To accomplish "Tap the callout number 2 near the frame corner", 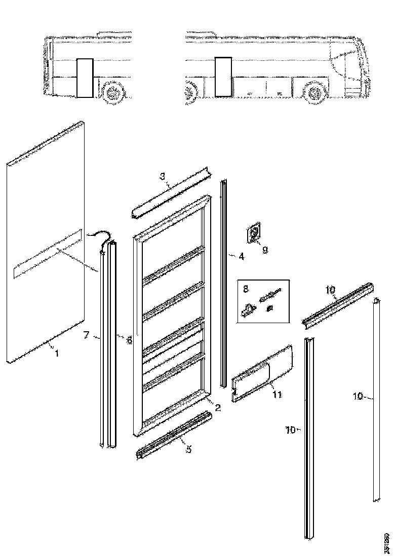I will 218,407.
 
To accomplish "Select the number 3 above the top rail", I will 162,177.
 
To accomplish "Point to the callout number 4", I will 241,257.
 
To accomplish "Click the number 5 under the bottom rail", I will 188,449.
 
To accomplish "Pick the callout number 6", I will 130,340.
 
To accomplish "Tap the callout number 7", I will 86,335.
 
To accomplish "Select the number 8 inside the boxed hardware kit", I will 246,289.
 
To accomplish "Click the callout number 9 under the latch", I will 265,249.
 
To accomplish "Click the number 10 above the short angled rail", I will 330,290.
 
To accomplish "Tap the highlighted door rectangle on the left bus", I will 85,77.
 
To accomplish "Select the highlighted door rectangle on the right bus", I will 222,76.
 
